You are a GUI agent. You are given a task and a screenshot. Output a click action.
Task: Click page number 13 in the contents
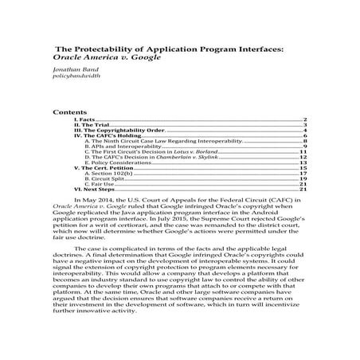coord(304,162)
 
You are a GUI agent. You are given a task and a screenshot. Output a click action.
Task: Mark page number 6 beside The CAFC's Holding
coord(306,136)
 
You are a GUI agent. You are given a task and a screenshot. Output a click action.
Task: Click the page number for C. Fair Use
coord(304,184)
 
